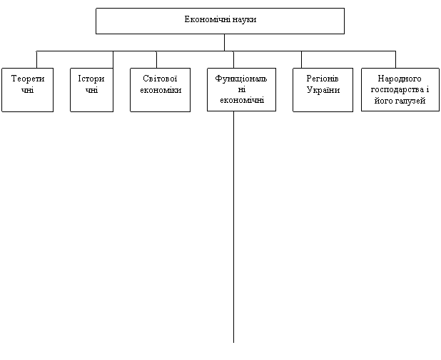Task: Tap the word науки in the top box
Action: tap(245, 19)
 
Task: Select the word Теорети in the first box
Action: tap(28, 79)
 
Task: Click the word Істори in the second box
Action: tap(91, 79)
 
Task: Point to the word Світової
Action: tap(160, 79)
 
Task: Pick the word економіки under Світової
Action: tap(161, 90)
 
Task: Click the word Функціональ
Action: tap(241, 79)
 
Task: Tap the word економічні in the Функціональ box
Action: tap(242, 100)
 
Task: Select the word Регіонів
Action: tap(323, 79)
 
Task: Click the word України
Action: tap(323, 90)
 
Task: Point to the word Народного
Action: tap(400, 79)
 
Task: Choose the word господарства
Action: tap(397, 90)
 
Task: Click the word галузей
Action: tap(410, 101)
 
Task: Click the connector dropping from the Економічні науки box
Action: tap(225, 43)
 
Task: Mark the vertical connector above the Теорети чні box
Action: tap(36, 60)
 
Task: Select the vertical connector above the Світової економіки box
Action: tap(157, 60)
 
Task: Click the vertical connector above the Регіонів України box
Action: tap(302, 60)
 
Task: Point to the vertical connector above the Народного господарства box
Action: tap(396, 60)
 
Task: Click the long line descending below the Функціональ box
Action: tap(234, 227)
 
